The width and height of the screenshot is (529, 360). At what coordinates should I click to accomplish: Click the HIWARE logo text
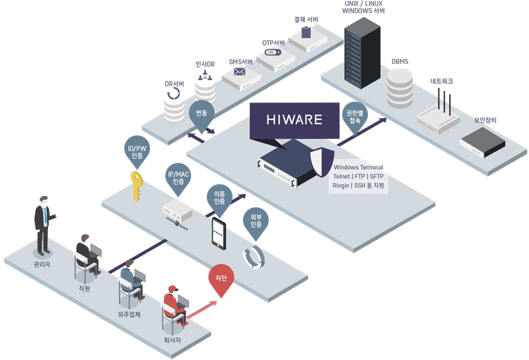coord(294,119)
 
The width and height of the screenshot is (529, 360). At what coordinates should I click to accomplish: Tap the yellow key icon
coord(137,186)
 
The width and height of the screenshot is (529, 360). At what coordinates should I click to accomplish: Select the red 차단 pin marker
coord(221,281)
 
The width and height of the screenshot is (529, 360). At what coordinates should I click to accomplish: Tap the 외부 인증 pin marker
coord(256,223)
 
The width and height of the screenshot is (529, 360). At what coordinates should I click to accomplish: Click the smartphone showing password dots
coord(219,234)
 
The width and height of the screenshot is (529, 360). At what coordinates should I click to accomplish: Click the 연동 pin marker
coord(201,116)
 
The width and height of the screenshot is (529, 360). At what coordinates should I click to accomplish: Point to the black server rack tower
coord(362,53)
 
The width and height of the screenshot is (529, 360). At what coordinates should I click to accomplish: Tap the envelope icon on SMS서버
coord(240,71)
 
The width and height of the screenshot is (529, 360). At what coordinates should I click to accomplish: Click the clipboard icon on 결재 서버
coord(306,32)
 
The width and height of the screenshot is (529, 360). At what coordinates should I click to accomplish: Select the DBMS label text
coord(400,62)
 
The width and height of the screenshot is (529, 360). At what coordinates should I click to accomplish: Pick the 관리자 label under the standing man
coord(42,264)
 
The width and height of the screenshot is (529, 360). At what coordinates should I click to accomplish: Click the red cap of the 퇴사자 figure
coord(173,289)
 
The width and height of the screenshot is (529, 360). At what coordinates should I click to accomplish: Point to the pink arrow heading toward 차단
coord(201,310)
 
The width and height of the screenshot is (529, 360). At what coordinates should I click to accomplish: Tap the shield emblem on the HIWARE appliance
coord(322,162)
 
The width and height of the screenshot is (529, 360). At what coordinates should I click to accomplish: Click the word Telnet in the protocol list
coord(341,176)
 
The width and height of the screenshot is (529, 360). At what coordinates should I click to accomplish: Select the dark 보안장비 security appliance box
coord(483,143)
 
